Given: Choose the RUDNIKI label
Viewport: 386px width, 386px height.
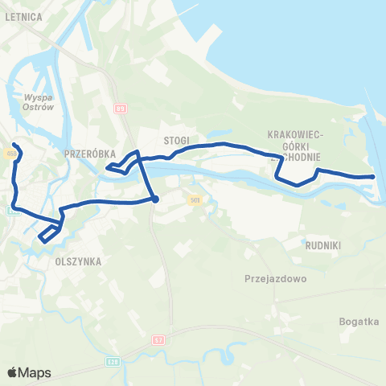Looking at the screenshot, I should click(x=325, y=244).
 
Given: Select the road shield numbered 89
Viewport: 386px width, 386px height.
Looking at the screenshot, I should click(x=121, y=109).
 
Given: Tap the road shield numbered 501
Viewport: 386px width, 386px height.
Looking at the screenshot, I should click(x=195, y=198).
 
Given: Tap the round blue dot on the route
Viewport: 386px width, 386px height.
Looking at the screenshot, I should click(x=155, y=199).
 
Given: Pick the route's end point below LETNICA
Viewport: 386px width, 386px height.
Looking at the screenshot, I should click(x=14, y=145).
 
